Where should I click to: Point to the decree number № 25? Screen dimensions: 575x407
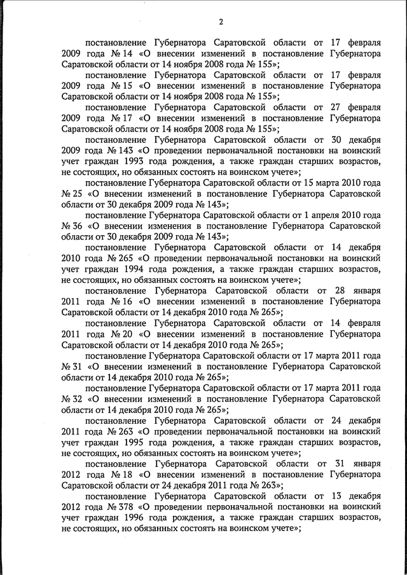click(72, 194)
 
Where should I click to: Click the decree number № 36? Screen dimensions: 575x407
click(72, 226)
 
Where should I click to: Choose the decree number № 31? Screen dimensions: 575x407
click(72, 367)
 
